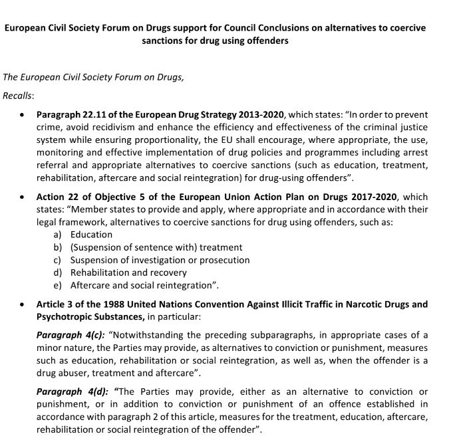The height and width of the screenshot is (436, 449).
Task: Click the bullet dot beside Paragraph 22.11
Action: pos(23,114)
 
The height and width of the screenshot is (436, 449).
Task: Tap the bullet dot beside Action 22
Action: pos(23,197)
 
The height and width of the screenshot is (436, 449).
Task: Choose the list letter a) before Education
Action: pos(58,235)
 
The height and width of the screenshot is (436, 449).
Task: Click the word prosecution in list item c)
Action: pos(224,260)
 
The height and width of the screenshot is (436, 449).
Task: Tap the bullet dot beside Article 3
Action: pos(23,304)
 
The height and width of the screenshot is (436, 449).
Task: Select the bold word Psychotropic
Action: pos(65,316)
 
